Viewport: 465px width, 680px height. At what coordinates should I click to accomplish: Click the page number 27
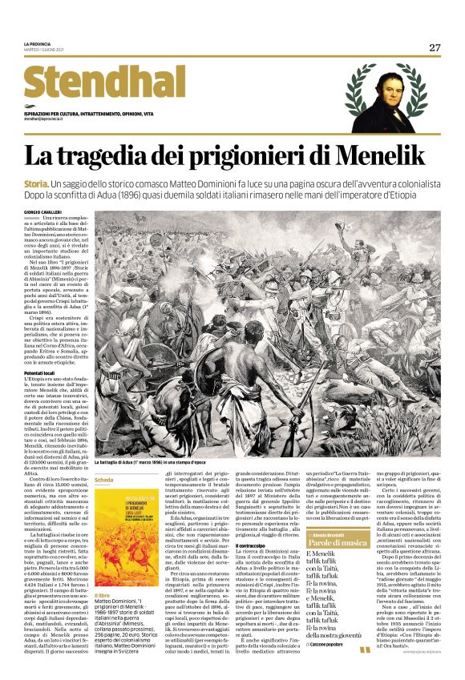point(435,47)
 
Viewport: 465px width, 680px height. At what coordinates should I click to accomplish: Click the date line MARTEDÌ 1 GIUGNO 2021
point(45,50)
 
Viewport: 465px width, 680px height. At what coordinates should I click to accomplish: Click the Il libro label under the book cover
point(103,595)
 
